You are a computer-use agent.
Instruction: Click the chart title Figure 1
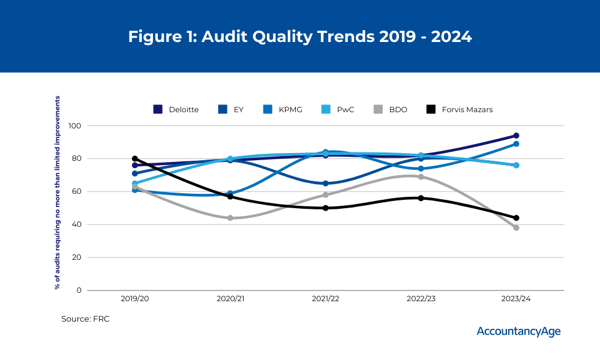(300, 37)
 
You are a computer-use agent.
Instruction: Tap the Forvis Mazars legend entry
(459, 109)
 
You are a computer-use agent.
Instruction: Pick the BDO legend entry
(389, 109)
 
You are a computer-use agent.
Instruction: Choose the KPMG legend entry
(284, 109)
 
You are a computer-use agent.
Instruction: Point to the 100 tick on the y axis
(74, 126)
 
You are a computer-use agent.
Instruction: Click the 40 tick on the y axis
(77, 224)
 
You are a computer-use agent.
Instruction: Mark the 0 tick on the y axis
(79, 290)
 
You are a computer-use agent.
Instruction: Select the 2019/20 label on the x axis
(135, 299)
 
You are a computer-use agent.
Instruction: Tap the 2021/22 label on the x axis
(325, 299)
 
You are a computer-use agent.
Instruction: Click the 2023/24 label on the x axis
(515, 299)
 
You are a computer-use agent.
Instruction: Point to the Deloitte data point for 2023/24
(516, 136)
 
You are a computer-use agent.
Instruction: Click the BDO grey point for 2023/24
(516, 227)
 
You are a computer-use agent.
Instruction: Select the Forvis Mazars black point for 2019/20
(135, 159)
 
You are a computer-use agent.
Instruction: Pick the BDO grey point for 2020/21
(230, 218)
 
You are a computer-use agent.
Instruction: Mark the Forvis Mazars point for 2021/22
(325, 208)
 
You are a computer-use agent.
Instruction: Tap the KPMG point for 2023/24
(516, 144)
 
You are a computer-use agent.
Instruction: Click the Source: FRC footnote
(85, 319)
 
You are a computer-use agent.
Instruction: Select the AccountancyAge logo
(518, 331)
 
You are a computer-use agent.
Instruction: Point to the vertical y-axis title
(58, 192)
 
